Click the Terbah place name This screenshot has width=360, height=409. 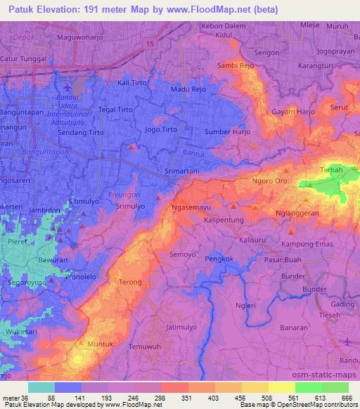pos(330,170)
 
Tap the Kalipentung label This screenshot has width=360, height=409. pos(224,221)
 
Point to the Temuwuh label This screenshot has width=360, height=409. pos(147,346)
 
